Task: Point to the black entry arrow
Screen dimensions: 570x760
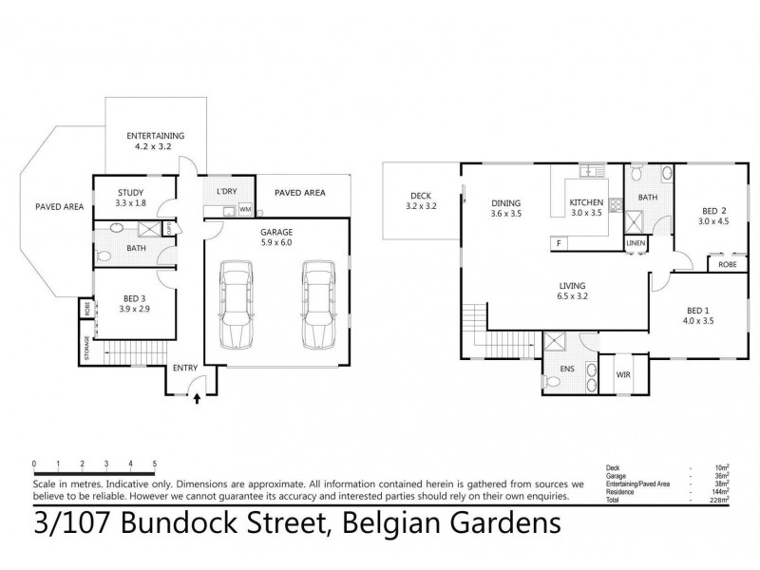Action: point(198,400)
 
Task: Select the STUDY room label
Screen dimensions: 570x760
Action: point(130,192)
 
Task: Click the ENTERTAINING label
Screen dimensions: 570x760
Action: point(156,135)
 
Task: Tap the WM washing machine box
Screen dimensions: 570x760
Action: point(244,209)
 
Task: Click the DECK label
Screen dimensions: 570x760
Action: point(420,196)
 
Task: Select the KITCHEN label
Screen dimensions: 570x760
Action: point(586,202)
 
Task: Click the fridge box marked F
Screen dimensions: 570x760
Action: point(558,244)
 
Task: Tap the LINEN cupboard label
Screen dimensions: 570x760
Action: point(636,244)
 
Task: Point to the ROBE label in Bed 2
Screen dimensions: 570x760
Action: point(728,265)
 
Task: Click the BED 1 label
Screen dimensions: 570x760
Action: point(698,310)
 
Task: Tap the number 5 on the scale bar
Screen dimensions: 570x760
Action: point(154,464)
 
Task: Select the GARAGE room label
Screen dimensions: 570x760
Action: point(276,231)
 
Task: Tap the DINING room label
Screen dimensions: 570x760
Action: point(505,202)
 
